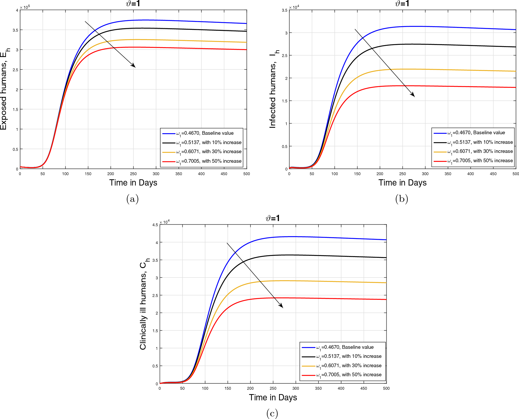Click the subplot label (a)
[132, 199]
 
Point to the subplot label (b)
[402, 199]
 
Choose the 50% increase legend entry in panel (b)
[480, 161]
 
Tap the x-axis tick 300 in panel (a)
[156, 174]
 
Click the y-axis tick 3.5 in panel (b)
[285, 10]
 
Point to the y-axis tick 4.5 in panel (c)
[155, 225]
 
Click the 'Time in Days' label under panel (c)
[273, 397]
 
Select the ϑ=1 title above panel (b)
[402, 4]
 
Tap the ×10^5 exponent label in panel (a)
[25, 7]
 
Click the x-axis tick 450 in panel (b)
[493, 174]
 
